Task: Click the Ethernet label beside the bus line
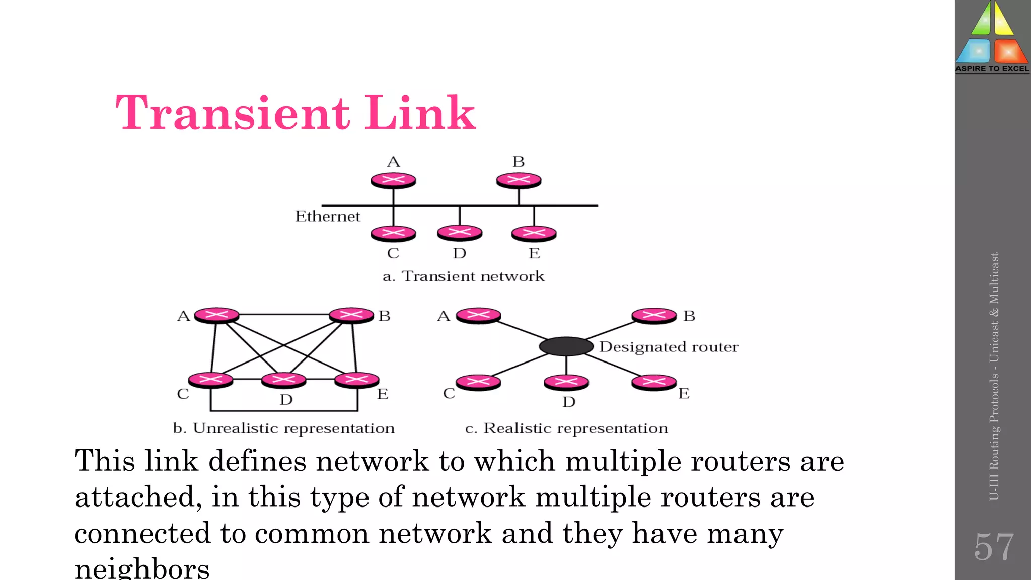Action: (327, 216)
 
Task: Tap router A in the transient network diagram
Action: (393, 180)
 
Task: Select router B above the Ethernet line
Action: (519, 180)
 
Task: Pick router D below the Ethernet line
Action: (460, 232)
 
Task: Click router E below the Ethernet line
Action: (534, 233)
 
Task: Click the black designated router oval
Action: (566, 346)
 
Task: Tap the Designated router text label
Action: (669, 347)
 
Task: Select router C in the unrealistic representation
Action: (211, 380)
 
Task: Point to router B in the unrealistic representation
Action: (351, 315)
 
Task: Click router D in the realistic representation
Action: (566, 382)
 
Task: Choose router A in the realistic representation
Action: (478, 315)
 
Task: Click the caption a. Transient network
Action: (463, 276)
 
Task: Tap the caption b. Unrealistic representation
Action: (283, 428)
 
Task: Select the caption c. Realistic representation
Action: (566, 428)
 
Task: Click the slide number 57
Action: (993, 547)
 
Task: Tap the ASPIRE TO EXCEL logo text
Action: (992, 69)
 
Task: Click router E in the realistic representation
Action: (654, 382)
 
